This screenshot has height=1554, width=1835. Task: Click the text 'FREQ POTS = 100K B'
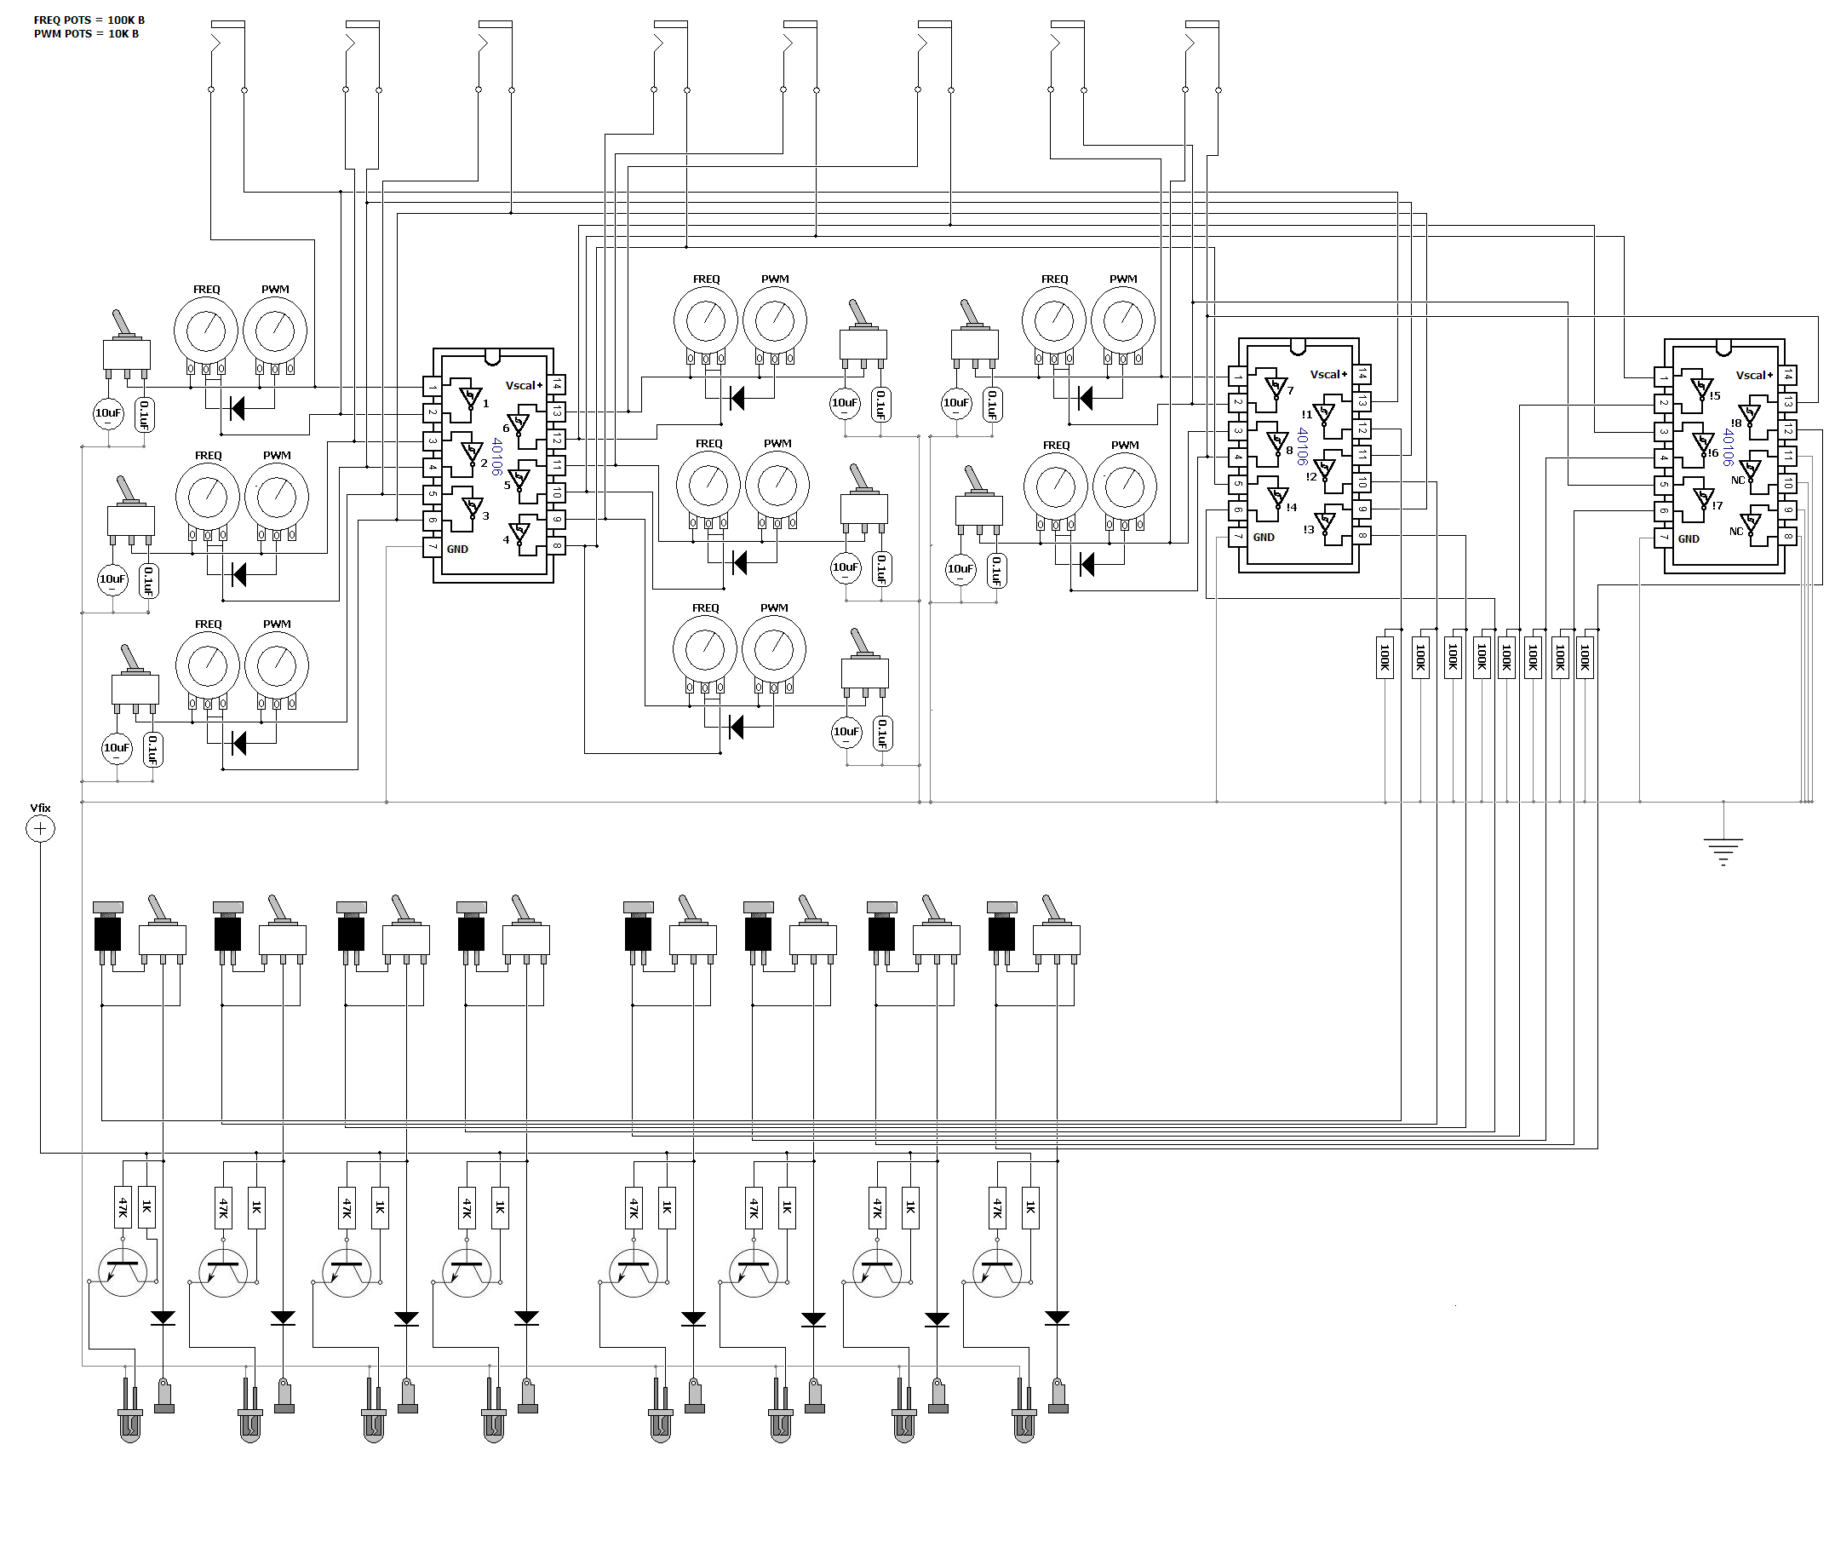point(89,20)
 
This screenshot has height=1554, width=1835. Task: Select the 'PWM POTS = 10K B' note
point(86,34)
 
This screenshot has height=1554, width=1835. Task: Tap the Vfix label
point(41,808)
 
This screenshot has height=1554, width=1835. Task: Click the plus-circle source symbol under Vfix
point(41,828)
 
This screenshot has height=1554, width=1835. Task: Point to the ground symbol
point(1723,851)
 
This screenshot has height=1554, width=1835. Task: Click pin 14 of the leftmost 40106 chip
point(557,385)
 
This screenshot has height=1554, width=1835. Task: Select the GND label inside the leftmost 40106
point(458,549)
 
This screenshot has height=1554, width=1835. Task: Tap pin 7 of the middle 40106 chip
point(1238,536)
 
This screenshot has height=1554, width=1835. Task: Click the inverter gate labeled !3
point(1323,524)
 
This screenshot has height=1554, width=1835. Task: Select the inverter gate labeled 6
point(519,423)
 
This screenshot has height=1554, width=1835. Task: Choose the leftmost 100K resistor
point(1385,657)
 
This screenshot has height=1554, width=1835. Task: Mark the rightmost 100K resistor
point(1585,657)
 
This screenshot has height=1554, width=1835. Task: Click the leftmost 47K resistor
point(123,1206)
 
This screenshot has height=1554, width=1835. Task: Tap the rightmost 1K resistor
point(1030,1207)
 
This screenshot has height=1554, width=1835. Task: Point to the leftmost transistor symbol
point(123,1272)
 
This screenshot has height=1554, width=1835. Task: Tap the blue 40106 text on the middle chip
point(1302,446)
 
